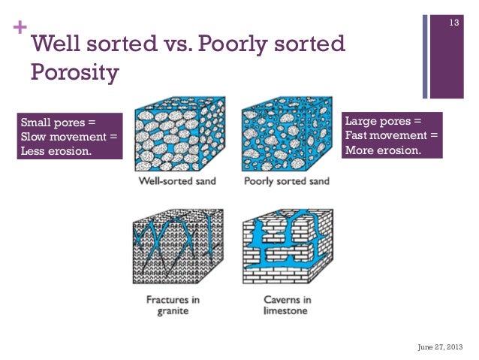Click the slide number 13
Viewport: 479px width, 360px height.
coord(453,25)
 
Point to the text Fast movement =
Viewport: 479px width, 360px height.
coord(390,135)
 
